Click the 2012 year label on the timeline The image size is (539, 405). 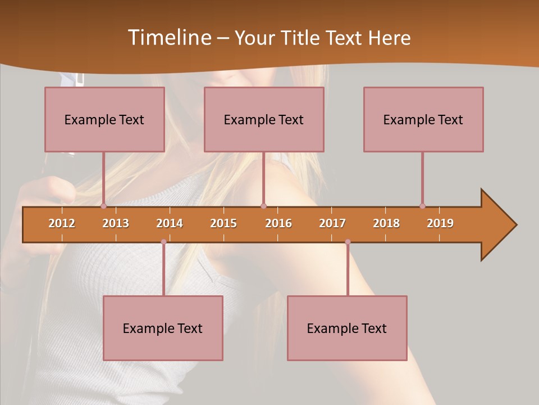pyautogui.click(x=62, y=223)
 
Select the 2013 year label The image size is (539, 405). pyautogui.click(x=116, y=223)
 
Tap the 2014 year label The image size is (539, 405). pyautogui.click(x=170, y=223)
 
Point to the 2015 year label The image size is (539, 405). pyautogui.click(x=223, y=223)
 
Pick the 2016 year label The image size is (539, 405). pyautogui.click(x=278, y=223)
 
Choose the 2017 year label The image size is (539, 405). pyautogui.click(x=332, y=223)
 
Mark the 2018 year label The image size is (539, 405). pyautogui.click(x=386, y=223)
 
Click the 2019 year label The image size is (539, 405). pyautogui.click(x=440, y=223)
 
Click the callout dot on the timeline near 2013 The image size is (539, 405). pyautogui.click(x=103, y=206)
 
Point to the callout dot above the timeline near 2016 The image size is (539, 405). pyautogui.click(x=263, y=206)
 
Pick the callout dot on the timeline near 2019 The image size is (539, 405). pyautogui.click(x=422, y=206)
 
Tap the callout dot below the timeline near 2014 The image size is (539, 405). pyautogui.click(x=163, y=242)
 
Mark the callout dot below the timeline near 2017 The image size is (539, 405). pyautogui.click(x=348, y=242)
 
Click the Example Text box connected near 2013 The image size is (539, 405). pyautogui.click(x=104, y=119)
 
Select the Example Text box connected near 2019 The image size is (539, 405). pyautogui.click(x=423, y=119)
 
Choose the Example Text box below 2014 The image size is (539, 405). pyautogui.click(x=163, y=328)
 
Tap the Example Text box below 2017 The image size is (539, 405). pyautogui.click(x=347, y=328)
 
